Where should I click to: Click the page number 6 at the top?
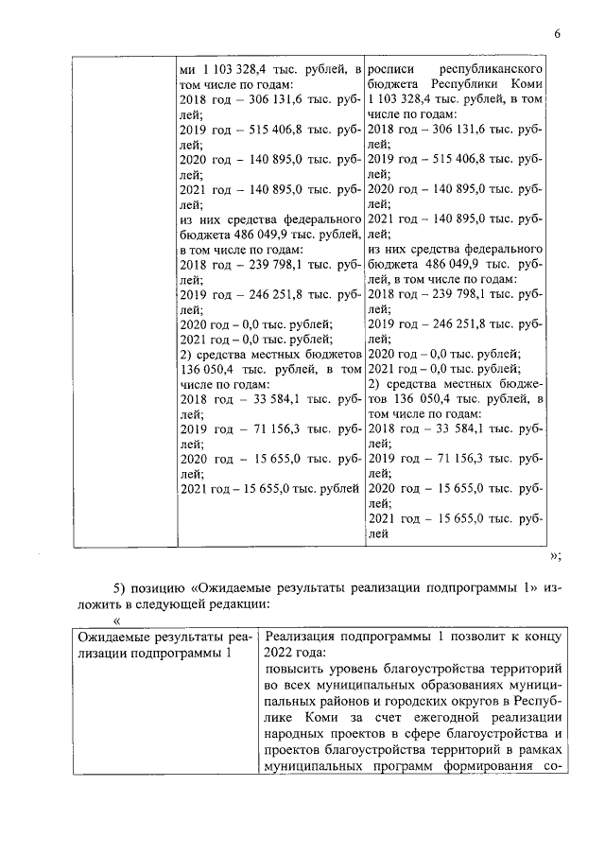(558, 35)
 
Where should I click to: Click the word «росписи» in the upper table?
(391, 71)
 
